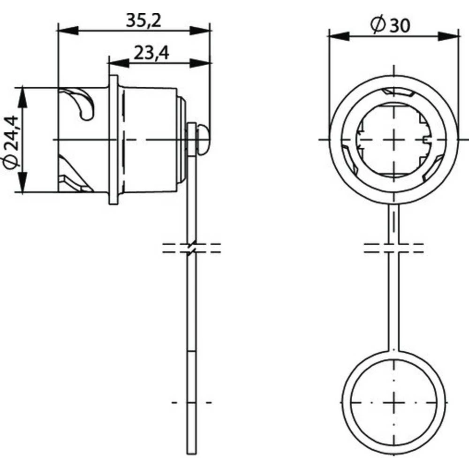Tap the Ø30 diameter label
[x=390, y=26]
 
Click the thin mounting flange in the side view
[x=113, y=140]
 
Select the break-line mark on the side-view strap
[x=192, y=248]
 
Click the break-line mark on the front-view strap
[x=394, y=248]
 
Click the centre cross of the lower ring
[x=394, y=402]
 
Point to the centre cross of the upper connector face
[x=394, y=140]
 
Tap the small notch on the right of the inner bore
[x=426, y=140]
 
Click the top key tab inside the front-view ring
[x=398, y=92]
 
